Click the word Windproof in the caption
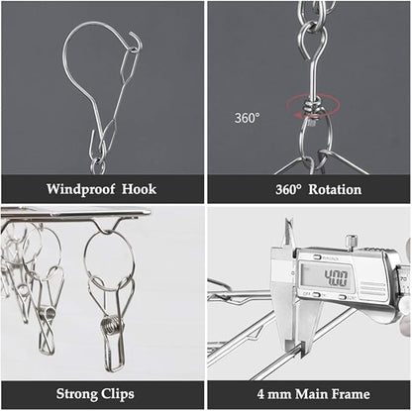pos(80,189)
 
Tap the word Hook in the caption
pos(139,189)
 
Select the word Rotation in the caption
pos(335,189)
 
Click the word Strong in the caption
pos(76,394)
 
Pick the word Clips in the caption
pos(118,394)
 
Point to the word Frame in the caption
pos(351,394)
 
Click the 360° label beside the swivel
pos(247,118)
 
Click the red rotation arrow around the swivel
pos(313,106)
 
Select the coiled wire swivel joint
pos(312,108)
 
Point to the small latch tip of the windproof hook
pos(136,37)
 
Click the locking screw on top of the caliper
pos(352,241)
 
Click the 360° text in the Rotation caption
pos(288,189)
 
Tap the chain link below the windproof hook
pos(98,166)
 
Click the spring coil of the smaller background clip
pos(50,314)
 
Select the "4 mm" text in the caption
pos(274,394)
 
